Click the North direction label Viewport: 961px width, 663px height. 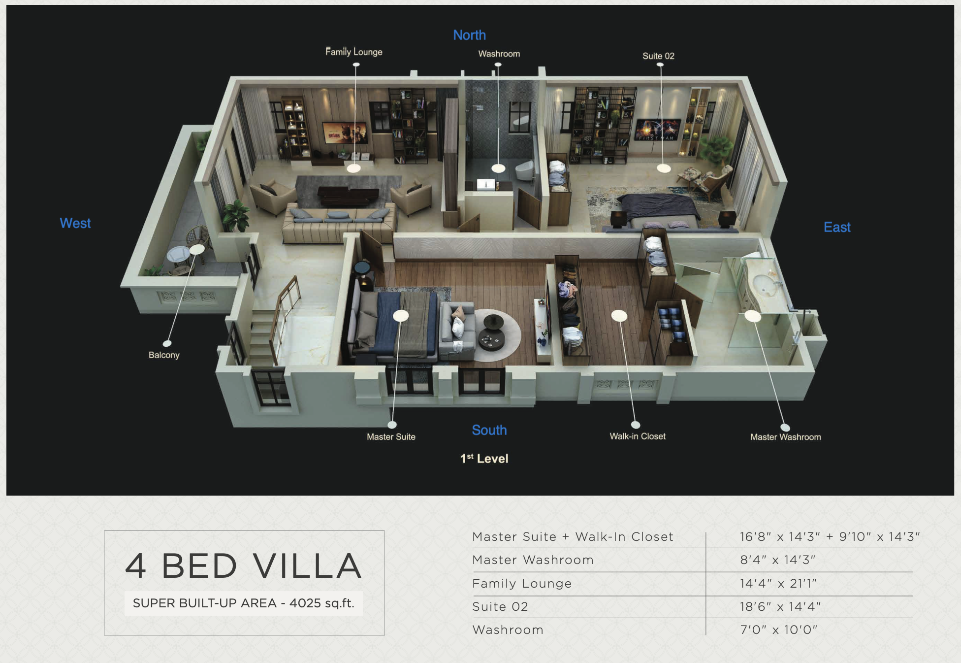coord(469,35)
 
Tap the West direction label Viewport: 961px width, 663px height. coord(75,223)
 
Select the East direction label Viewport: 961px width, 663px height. coord(837,227)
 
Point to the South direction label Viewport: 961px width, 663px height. coord(489,430)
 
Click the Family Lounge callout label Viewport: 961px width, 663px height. coord(353,52)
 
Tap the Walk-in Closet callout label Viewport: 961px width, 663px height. coord(637,436)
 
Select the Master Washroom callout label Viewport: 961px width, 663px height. coord(785,437)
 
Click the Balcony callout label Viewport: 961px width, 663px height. coord(164,355)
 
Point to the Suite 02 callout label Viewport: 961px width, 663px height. coord(658,56)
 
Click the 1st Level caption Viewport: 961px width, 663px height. coord(484,459)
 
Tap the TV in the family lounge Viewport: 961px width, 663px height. coord(345,133)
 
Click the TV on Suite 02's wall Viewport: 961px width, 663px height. coord(658,130)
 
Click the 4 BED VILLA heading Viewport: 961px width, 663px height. coord(244,565)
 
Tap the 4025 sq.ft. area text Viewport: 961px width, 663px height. coord(321,603)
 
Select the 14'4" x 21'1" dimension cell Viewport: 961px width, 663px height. coord(778,584)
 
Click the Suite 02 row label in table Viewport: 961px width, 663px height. coord(500,607)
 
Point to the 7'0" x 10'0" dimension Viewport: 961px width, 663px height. coord(778,630)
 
